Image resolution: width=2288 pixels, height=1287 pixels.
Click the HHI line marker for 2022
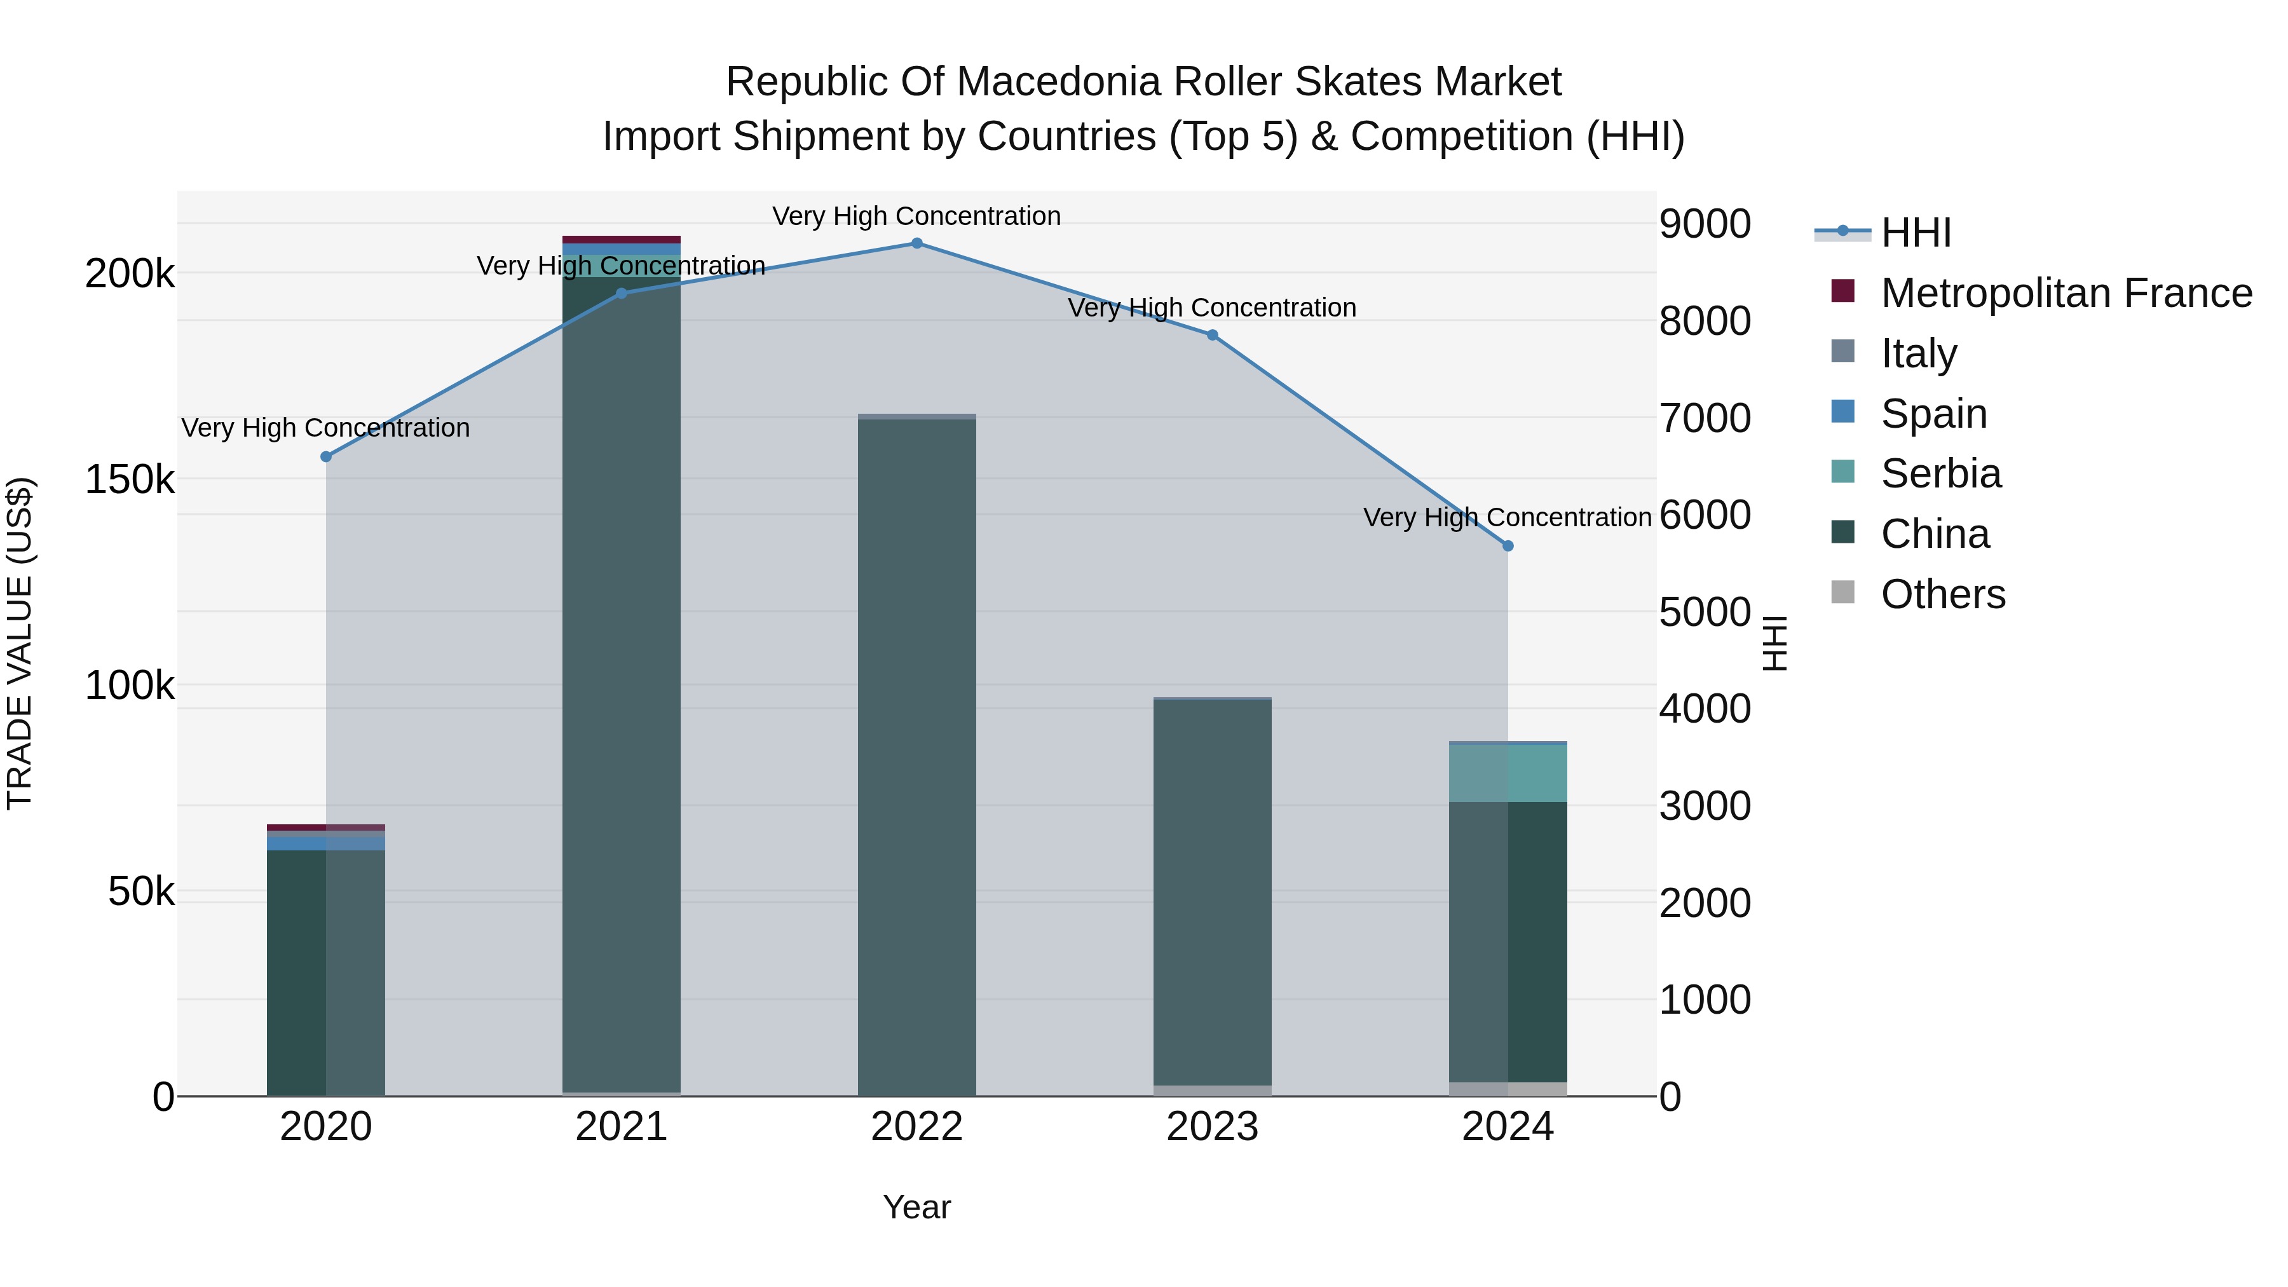tap(916, 243)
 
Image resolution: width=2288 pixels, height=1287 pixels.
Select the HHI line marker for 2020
tap(326, 456)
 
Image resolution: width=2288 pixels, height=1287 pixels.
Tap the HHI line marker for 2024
tap(1508, 546)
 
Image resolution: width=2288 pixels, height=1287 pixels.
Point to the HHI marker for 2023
tap(1213, 335)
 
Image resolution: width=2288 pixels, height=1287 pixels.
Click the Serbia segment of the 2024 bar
tap(1508, 773)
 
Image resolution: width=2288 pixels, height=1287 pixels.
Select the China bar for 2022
tap(916, 755)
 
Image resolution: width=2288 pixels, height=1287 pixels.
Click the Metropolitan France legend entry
tap(2066, 293)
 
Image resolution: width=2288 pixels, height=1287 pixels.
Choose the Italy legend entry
tap(1919, 353)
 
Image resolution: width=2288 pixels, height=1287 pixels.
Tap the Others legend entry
tap(1942, 594)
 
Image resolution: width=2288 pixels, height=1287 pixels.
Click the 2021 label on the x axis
tap(621, 1127)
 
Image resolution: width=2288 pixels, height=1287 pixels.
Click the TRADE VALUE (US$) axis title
tap(20, 643)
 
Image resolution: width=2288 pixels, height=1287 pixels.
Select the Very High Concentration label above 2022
tap(916, 217)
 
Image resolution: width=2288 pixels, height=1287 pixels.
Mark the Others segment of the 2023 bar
tap(1213, 1091)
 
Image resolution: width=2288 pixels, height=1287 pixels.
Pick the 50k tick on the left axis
tap(141, 892)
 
